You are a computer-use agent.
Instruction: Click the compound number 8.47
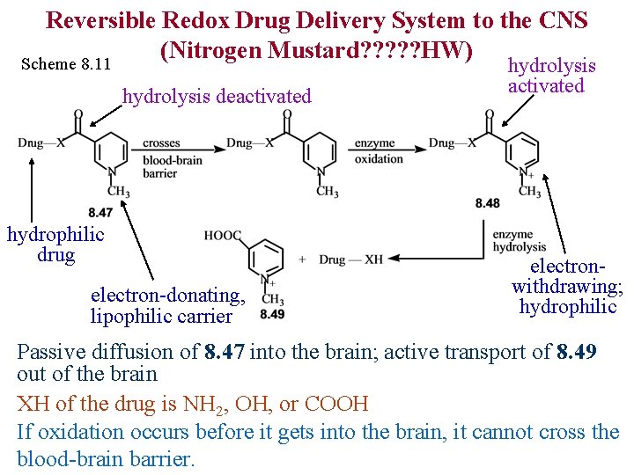(100, 213)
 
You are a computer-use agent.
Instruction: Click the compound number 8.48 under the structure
(487, 203)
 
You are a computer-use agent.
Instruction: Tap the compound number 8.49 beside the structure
(272, 313)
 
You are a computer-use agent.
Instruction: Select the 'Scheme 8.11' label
(66, 64)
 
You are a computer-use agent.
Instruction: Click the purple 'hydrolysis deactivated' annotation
(217, 96)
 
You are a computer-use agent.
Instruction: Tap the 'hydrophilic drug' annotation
(55, 245)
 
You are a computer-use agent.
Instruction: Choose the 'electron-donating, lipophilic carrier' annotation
(166, 306)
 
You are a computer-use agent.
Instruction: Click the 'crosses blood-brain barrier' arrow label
(172, 158)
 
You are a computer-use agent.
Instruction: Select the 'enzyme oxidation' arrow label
(379, 150)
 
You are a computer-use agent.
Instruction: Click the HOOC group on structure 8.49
(221, 235)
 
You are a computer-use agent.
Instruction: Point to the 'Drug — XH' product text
(350, 259)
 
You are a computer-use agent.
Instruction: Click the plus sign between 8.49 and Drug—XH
(303, 259)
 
